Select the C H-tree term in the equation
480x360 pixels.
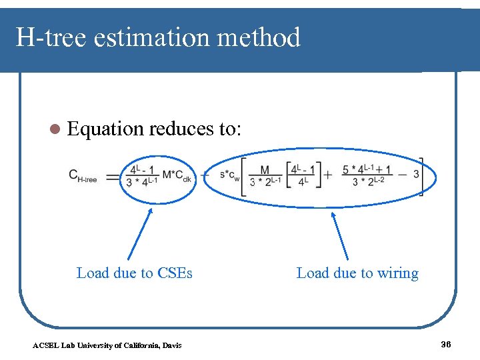(83, 175)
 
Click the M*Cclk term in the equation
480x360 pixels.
(177, 175)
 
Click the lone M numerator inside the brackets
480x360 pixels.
(265, 170)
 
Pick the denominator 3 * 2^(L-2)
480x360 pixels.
(369, 182)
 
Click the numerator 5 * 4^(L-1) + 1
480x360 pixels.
(367, 169)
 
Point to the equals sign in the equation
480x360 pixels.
(112, 177)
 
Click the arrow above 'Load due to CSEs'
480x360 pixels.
(140, 233)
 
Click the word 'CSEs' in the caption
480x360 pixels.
(175, 273)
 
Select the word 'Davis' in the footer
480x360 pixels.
(171, 345)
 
